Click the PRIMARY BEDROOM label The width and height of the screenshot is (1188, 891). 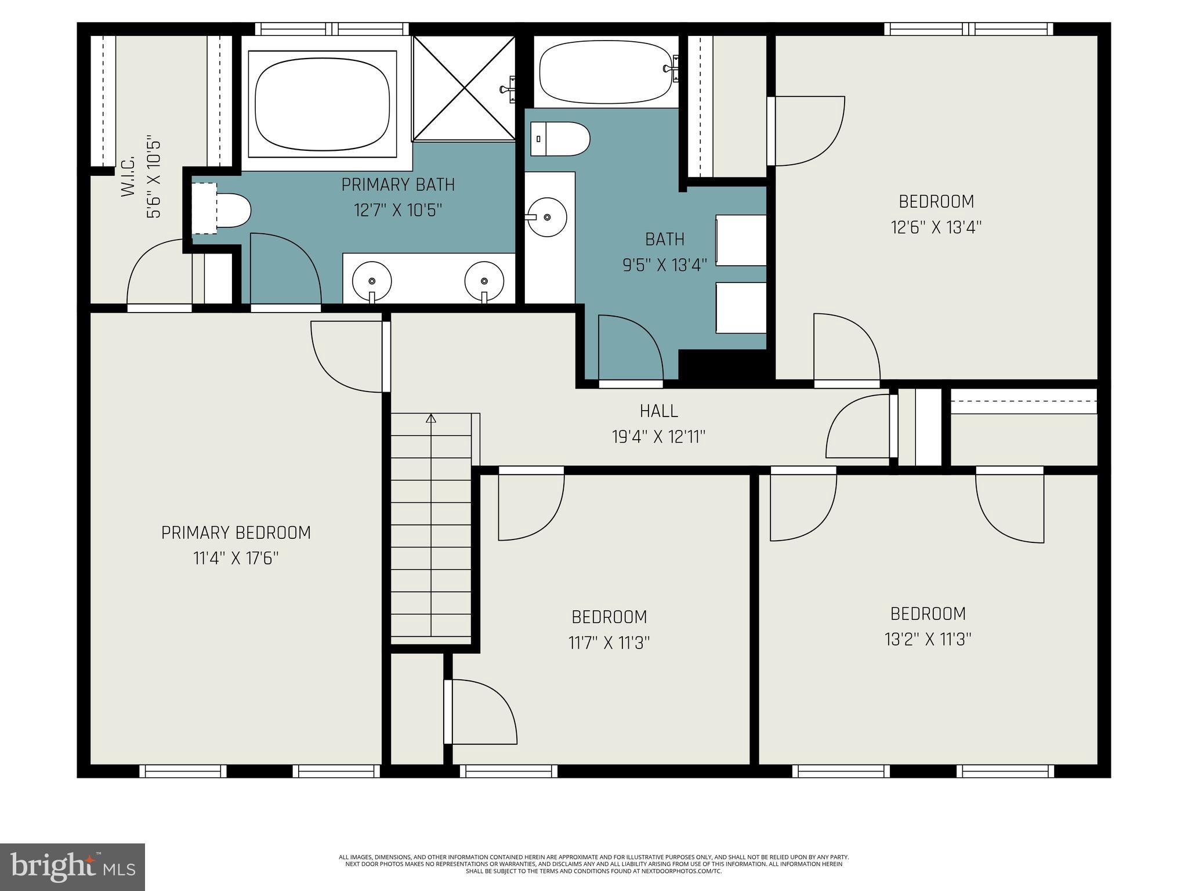click(236, 533)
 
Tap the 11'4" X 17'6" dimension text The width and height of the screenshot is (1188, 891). click(236, 559)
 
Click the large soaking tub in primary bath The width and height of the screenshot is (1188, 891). click(322, 104)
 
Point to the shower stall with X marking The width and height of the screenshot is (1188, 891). click(464, 88)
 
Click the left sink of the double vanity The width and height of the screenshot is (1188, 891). click(372, 281)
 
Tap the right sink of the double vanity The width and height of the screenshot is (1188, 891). click(484, 281)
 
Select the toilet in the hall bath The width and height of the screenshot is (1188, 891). click(560, 139)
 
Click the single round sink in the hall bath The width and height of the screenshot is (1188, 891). click(546, 218)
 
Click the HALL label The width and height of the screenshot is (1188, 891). click(658, 411)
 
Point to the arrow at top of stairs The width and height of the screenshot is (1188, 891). click(430, 418)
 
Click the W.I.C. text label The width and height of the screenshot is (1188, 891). click(128, 176)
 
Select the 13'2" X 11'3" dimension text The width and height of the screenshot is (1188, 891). click(928, 639)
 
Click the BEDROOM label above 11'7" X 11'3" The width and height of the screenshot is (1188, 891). click(609, 617)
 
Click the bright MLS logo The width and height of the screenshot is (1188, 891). click(72, 867)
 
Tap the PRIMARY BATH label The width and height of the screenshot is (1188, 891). click(398, 185)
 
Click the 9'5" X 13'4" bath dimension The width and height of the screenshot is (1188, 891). click(665, 266)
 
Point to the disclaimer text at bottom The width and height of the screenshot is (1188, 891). click(593, 864)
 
